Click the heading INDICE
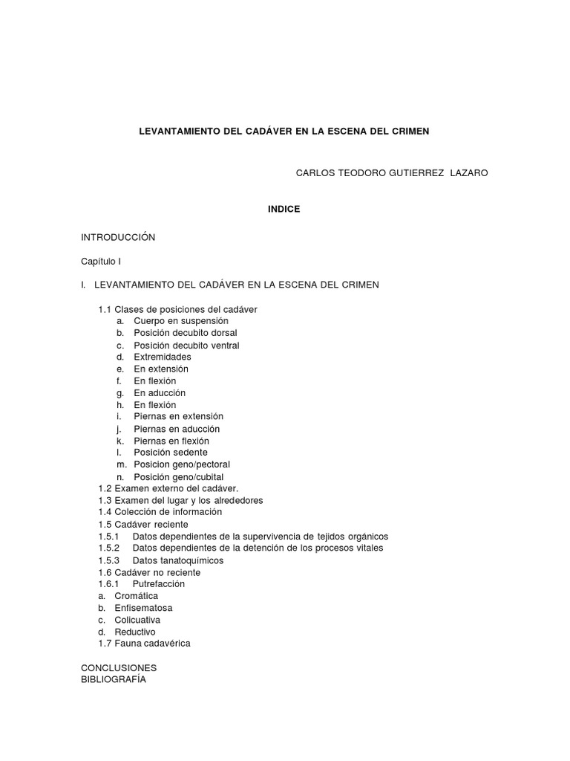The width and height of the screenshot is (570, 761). [x=284, y=210]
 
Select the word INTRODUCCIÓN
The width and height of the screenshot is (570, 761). [x=118, y=237]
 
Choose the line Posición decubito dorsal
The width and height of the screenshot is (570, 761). [x=186, y=333]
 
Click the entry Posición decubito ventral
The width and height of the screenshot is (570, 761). [x=186, y=346]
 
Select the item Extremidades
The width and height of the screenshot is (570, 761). [x=163, y=357]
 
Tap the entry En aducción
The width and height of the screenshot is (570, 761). [x=160, y=392]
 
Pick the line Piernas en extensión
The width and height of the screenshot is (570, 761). [x=178, y=417]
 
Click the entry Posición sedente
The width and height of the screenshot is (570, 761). [x=171, y=453]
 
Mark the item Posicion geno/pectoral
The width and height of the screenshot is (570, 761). [x=182, y=464]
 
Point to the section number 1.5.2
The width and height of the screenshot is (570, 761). [x=108, y=548]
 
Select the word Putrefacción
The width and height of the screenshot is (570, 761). [x=158, y=584]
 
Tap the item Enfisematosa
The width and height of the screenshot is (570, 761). [x=143, y=608]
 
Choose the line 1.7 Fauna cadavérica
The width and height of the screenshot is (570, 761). [x=144, y=644]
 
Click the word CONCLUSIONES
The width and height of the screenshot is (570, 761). [x=119, y=667]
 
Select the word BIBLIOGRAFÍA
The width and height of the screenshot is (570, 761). [x=114, y=679]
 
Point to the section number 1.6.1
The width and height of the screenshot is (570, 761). [x=108, y=584]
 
